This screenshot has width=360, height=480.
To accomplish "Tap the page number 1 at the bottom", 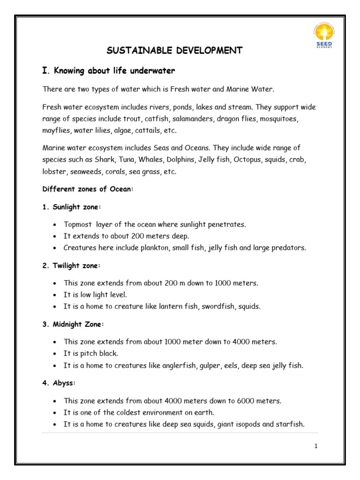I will coord(316,446).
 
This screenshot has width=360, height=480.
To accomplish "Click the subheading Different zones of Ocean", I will coord(88,189).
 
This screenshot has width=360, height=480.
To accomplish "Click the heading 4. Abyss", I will coord(59,383).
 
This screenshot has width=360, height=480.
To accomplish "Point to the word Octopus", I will coord(248,160).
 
